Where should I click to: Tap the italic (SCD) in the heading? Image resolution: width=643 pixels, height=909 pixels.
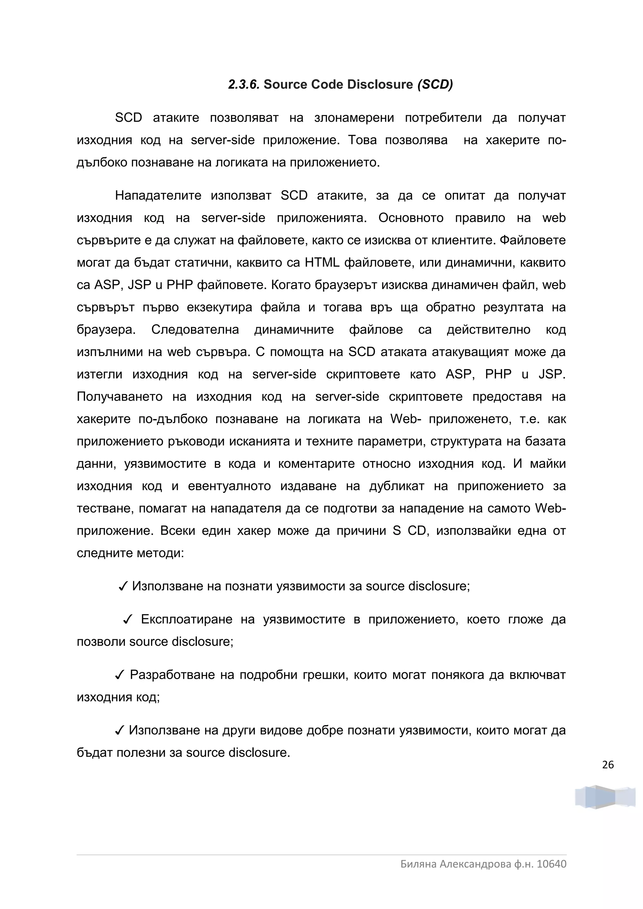pyautogui.click(x=435, y=84)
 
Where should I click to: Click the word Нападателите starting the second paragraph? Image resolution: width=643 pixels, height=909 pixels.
pyautogui.click(x=158, y=196)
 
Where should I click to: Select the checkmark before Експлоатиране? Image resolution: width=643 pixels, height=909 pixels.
pyautogui.click(x=127, y=619)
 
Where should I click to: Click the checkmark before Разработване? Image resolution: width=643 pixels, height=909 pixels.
pyautogui.click(x=120, y=675)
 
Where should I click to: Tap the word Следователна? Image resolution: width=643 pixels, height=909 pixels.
pyautogui.click(x=195, y=330)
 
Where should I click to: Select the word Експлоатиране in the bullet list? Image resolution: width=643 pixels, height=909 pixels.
pyautogui.click(x=186, y=619)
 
